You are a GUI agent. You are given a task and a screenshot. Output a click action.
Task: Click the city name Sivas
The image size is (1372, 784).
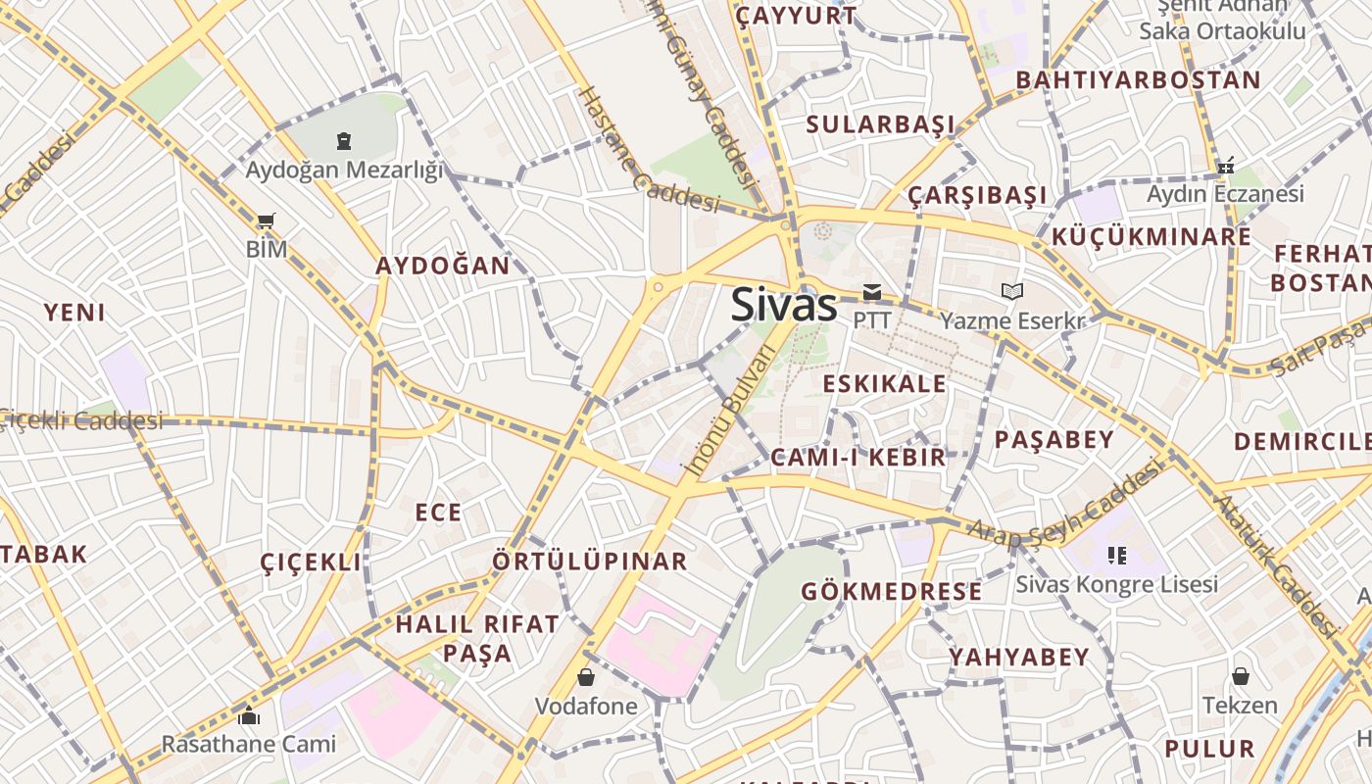click(784, 306)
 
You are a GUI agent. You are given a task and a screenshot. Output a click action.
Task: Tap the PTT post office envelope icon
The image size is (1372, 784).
click(871, 292)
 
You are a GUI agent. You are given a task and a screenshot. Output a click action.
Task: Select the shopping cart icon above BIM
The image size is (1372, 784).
click(265, 220)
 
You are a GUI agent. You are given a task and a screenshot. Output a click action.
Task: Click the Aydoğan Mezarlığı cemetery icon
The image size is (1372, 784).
click(343, 141)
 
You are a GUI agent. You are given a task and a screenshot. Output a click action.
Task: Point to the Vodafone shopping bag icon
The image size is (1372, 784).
click(585, 677)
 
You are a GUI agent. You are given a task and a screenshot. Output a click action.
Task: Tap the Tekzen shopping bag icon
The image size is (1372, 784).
click(1240, 676)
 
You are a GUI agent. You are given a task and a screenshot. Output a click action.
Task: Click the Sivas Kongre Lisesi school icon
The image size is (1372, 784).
click(1116, 556)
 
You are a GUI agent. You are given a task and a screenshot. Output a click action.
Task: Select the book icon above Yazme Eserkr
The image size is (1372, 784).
click(1011, 291)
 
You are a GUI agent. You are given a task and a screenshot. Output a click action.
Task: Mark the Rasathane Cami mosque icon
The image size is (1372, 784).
click(248, 716)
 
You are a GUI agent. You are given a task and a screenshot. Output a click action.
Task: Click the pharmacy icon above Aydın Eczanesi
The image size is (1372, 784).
click(1225, 166)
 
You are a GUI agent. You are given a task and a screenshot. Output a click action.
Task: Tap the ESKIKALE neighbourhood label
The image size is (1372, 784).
click(885, 383)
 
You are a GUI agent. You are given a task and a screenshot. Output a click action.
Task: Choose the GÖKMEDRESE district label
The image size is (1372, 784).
click(891, 591)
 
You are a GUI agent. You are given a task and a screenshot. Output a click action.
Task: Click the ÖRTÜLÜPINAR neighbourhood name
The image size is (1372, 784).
click(590, 562)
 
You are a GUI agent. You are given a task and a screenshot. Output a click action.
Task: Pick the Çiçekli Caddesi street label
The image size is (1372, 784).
click(82, 420)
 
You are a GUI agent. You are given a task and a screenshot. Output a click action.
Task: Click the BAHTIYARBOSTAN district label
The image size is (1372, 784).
click(1138, 80)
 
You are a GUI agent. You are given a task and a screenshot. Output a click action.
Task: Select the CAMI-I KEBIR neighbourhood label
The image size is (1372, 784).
click(858, 457)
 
